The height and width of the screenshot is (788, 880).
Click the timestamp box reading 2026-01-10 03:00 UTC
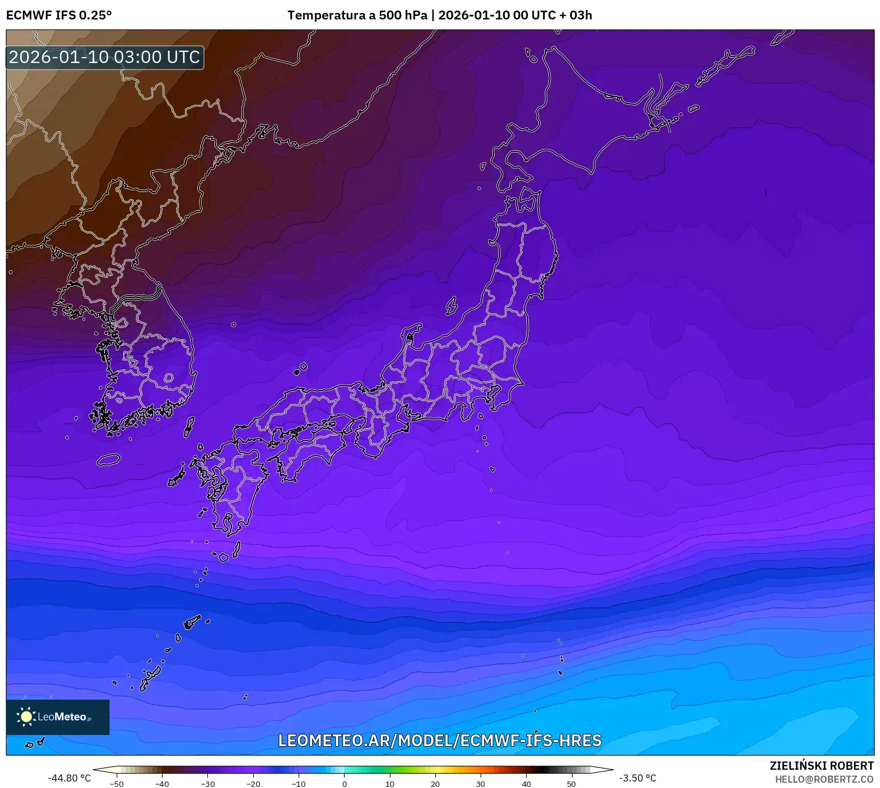coord(105,58)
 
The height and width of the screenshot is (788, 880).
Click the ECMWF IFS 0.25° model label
coord(59,15)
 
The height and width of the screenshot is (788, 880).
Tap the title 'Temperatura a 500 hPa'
coord(357,15)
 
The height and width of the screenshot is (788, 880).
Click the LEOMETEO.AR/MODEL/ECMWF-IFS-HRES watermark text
coord(439,740)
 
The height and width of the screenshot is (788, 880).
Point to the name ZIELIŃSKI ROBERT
coord(821,766)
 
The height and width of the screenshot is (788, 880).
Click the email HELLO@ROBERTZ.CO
coord(823,779)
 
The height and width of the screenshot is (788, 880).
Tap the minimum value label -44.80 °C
coord(70,778)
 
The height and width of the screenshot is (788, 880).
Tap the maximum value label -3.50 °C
coord(637,778)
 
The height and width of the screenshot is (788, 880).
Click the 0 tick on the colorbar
coord(345,784)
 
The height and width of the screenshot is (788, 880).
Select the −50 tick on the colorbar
coord(117,784)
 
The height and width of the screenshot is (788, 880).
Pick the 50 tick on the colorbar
coord(571,784)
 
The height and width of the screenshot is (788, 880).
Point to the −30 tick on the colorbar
coord(208,784)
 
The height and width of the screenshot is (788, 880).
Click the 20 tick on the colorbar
coord(435,784)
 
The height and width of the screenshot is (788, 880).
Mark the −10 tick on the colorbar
coord(299,784)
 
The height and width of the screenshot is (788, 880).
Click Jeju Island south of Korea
coord(109,459)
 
